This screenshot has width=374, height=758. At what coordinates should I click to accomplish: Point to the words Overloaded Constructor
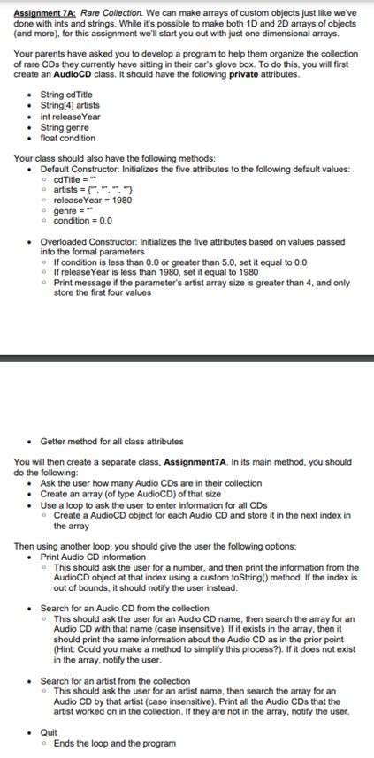(x=92, y=240)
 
